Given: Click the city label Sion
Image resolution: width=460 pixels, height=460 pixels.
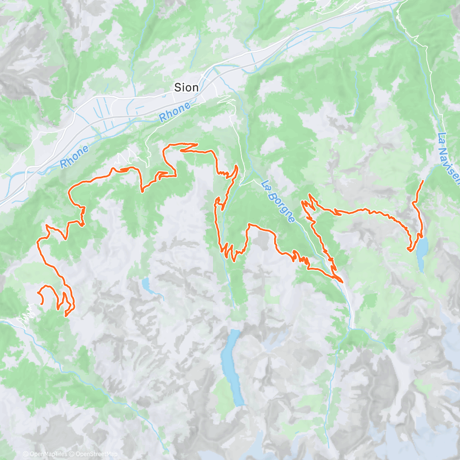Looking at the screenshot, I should click(x=186, y=87).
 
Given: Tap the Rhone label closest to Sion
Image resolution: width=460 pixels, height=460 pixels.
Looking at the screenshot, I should click(x=175, y=112).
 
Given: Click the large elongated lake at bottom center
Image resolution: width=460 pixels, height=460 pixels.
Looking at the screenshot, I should click(x=232, y=368).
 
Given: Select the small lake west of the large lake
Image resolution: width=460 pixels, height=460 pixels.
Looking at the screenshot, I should click(x=148, y=286).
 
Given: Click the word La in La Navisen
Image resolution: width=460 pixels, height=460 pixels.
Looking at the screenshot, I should click(x=442, y=137).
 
